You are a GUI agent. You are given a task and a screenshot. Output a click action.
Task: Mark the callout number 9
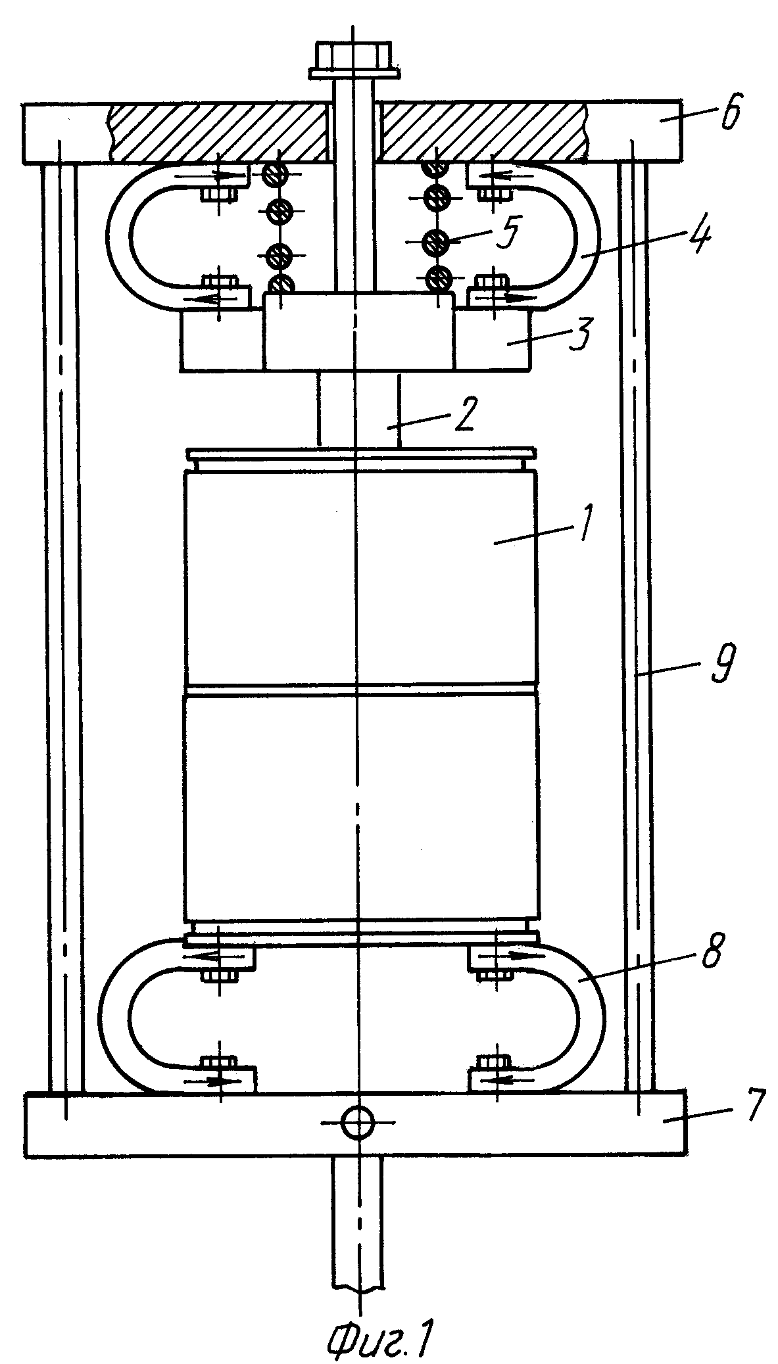click(723, 665)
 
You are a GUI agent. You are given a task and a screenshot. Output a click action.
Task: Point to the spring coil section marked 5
click(435, 242)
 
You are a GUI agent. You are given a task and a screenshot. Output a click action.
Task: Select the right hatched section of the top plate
click(483, 131)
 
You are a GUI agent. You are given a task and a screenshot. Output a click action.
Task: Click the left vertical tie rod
click(64, 628)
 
